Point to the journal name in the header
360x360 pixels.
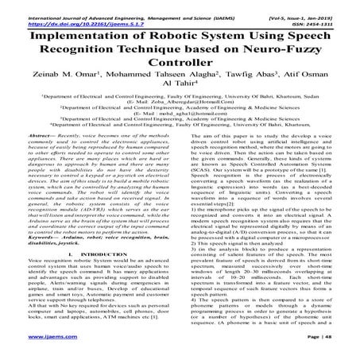pos(111,6)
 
